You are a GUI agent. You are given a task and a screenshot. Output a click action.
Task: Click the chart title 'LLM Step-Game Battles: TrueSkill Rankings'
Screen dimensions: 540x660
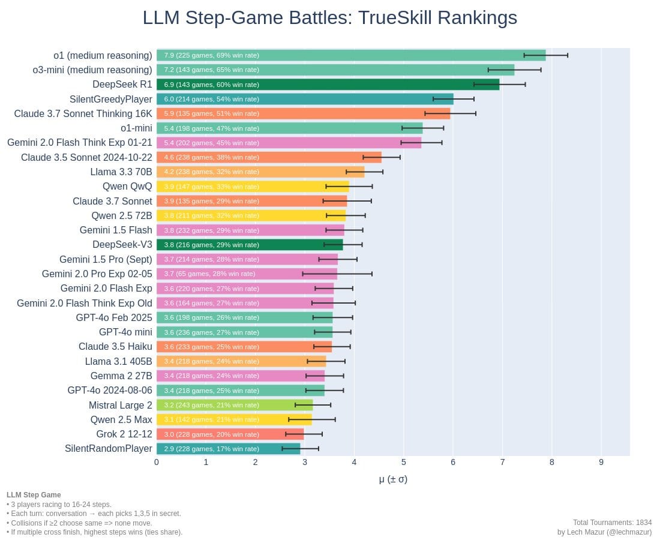point(329,18)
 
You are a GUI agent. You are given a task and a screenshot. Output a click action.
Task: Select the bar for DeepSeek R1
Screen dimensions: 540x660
point(328,85)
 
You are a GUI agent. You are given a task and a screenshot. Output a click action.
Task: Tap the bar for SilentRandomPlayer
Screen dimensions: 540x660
point(228,449)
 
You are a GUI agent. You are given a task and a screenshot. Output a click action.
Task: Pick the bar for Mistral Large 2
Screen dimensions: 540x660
point(235,405)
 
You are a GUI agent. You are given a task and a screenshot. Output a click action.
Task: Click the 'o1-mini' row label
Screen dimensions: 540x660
point(136,128)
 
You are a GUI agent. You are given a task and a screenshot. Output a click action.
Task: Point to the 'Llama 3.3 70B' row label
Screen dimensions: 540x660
point(121,172)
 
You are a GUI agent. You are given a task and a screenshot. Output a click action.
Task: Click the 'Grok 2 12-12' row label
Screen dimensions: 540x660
point(124,434)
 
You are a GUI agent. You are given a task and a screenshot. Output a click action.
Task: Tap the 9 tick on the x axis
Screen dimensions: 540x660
point(601,462)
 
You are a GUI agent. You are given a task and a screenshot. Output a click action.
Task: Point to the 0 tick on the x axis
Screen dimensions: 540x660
point(157,462)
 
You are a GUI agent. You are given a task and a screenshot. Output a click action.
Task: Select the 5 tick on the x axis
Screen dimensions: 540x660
point(404,462)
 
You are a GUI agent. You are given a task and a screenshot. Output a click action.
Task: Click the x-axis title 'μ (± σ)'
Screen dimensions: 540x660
point(393,479)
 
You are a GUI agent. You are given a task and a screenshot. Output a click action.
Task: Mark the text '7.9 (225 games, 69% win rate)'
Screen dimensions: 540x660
point(212,55)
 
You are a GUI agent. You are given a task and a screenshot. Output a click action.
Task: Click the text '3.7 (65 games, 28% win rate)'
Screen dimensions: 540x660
point(209,274)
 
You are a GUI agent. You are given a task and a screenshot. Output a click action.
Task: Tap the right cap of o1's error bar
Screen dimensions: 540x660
point(568,55)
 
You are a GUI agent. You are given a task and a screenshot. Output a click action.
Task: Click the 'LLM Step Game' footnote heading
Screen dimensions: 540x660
point(34,495)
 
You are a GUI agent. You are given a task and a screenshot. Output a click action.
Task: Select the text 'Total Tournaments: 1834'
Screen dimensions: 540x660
point(612,523)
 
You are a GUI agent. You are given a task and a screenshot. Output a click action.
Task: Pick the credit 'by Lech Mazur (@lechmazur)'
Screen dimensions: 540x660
point(604,532)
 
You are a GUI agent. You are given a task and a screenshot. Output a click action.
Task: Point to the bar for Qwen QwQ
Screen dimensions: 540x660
point(253,187)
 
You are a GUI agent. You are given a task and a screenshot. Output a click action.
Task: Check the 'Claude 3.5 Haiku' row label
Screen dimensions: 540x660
point(115,347)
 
